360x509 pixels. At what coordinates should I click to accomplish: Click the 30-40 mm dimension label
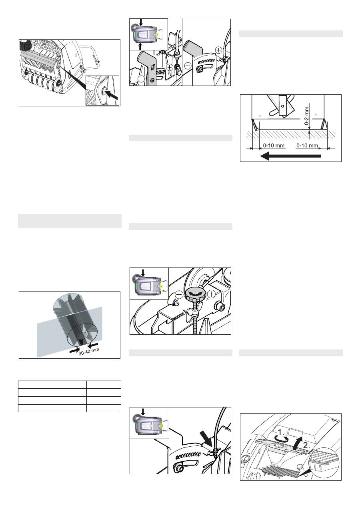click(x=89, y=351)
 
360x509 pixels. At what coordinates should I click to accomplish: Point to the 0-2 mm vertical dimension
click(x=307, y=116)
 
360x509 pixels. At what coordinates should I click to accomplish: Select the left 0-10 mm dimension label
click(x=274, y=145)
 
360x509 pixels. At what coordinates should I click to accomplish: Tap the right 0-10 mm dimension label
click(x=307, y=145)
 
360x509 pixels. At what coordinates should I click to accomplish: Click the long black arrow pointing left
click(x=290, y=156)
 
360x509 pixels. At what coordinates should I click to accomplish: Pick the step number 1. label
click(x=281, y=432)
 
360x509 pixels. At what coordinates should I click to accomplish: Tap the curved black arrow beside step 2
click(x=298, y=442)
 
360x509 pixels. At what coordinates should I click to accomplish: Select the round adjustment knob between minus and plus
click(x=193, y=294)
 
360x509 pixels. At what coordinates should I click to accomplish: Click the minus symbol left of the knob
click(x=179, y=295)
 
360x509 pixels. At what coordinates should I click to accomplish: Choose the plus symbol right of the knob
click(x=212, y=294)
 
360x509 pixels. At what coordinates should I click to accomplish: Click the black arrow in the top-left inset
click(x=112, y=94)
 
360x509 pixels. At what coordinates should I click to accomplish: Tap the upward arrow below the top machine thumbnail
click(x=140, y=46)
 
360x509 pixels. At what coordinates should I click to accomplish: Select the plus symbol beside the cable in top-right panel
click(x=219, y=50)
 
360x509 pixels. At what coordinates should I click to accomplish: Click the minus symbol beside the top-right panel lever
click(x=188, y=66)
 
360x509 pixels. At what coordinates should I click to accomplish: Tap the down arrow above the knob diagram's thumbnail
click(x=143, y=273)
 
